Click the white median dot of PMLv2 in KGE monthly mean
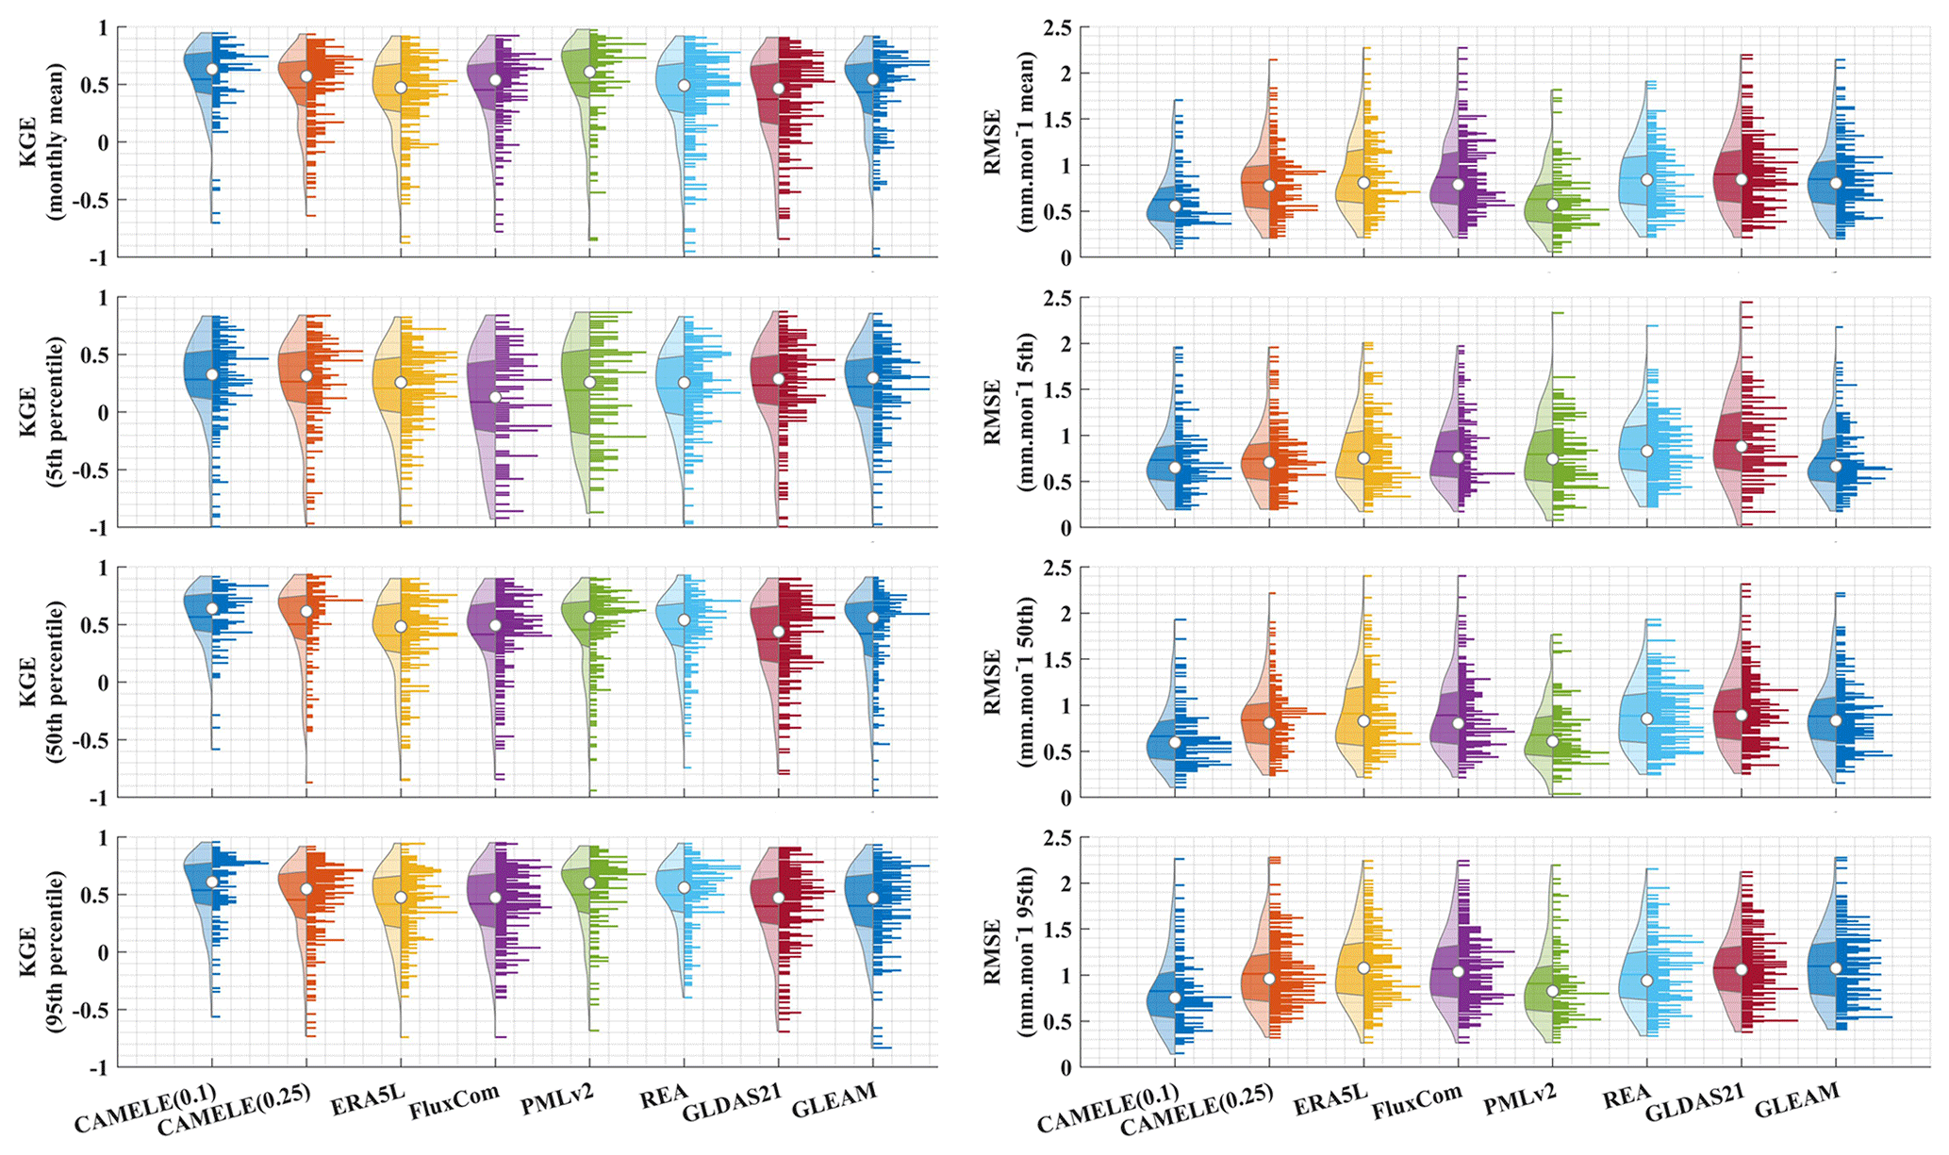tap(589, 72)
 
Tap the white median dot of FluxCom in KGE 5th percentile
tap(495, 397)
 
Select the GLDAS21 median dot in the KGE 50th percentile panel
tap(778, 631)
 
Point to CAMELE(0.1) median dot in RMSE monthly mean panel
tap(1175, 206)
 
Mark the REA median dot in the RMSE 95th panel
tap(1646, 981)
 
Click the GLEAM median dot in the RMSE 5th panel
tap(1835, 466)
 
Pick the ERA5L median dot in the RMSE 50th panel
tap(1363, 720)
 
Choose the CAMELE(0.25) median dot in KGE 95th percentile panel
tap(306, 889)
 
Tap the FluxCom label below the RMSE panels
tap(1416, 1101)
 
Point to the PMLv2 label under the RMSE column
tap(1520, 1099)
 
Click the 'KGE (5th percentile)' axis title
tap(42, 412)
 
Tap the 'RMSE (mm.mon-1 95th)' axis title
tap(1007, 952)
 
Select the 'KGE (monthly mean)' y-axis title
tap(42, 142)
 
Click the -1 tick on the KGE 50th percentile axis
tap(97, 798)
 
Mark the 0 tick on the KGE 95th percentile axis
tap(104, 953)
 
